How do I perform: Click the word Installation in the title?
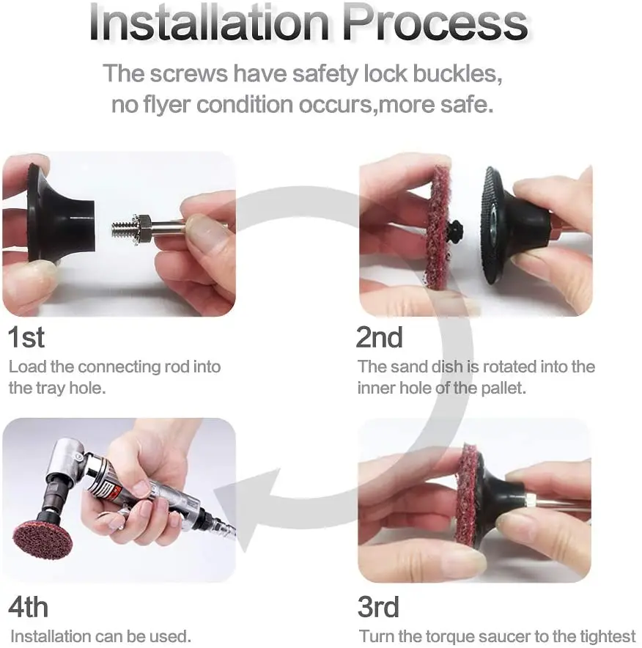(209, 23)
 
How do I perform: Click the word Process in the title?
(435, 23)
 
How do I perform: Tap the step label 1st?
(26, 337)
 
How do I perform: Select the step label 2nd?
(379, 337)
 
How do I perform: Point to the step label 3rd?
(378, 607)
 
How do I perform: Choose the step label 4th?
(28, 607)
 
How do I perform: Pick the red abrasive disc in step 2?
(438, 228)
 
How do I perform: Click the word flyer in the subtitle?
(166, 105)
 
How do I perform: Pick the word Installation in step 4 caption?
(50, 636)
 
